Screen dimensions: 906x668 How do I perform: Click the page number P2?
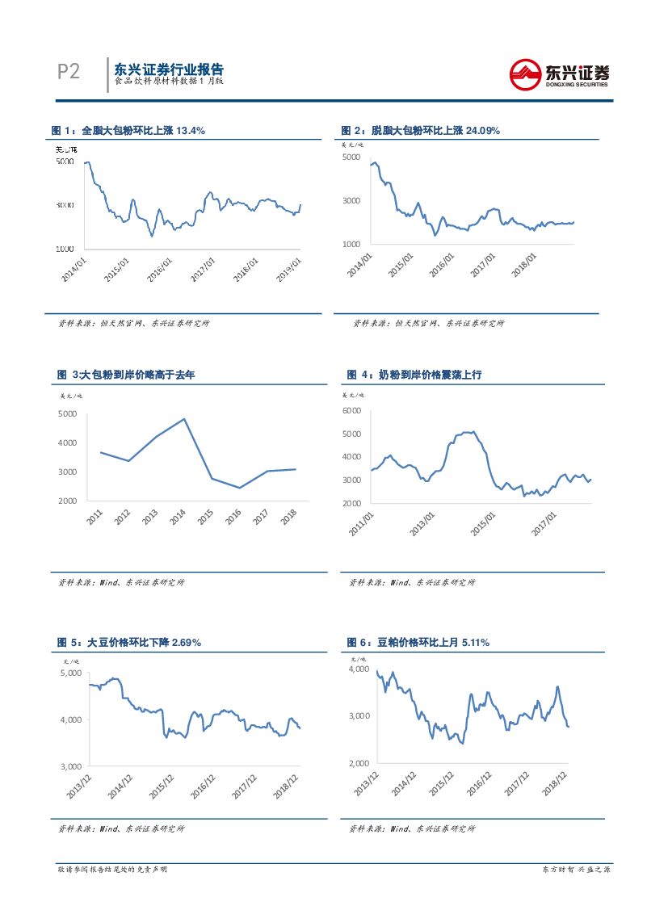click(x=69, y=72)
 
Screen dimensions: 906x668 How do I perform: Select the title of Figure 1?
click(x=128, y=130)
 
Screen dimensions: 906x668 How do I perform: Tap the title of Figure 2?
click(x=420, y=130)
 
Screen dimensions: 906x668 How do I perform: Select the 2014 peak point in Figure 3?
click(x=184, y=419)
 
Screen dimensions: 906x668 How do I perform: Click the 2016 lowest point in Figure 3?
click(x=240, y=488)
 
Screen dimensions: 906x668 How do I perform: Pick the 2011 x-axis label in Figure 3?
click(x=96, y=517)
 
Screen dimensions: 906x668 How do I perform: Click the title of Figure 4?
click(x=414, y=375)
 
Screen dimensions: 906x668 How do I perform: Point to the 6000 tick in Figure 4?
click(x=353, y=411)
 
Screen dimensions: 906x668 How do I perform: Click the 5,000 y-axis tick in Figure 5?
click(x=72, y=673)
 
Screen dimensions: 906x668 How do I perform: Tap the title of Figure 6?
click(x=418, y=642)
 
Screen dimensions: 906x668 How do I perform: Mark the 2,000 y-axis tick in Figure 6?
click(x=359, y=763)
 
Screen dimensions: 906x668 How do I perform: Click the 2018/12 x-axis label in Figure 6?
click(x=557, y=784)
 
